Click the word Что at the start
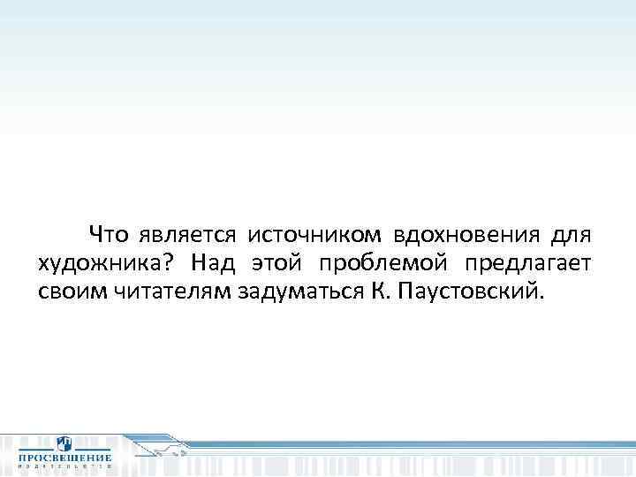click(109, 235)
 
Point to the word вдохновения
click(466, 236)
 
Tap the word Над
click(208, 262)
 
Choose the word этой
click(277, 263)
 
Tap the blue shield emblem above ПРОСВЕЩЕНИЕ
click(64, 443)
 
